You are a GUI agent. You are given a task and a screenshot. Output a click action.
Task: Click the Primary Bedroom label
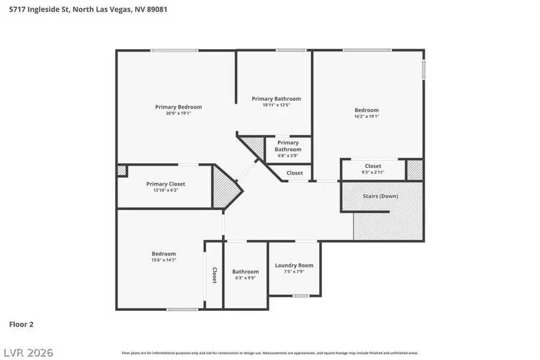[178, 107]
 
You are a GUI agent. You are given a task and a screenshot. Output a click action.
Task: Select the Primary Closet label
[166, 184]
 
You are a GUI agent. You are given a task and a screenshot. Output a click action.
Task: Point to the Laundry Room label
[294, 265]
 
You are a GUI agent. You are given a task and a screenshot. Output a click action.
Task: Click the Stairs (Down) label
[380, 196]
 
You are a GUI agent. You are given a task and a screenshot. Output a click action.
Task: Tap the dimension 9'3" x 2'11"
[373, 172]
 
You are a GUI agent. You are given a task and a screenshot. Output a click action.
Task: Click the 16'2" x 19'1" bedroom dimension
[367, 116]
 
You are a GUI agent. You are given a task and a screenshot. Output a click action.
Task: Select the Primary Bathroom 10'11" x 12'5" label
[276, 98]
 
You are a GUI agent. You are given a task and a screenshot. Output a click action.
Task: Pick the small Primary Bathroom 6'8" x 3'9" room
[288, 149]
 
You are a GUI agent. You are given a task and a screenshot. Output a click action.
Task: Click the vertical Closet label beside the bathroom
[214, 275]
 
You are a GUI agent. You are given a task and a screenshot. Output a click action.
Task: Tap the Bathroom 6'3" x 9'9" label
[245, 272]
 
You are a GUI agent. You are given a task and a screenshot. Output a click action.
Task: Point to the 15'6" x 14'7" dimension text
[163, 260]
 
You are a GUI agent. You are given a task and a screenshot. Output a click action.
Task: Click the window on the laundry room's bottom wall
[301, 296]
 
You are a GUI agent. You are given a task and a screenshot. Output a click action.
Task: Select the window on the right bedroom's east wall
[424, 68]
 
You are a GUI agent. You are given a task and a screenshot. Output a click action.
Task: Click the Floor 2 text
[21, 324]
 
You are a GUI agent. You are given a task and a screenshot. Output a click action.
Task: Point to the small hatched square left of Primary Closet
[122, 170]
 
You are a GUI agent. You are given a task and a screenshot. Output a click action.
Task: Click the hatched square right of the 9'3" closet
[415, 170]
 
